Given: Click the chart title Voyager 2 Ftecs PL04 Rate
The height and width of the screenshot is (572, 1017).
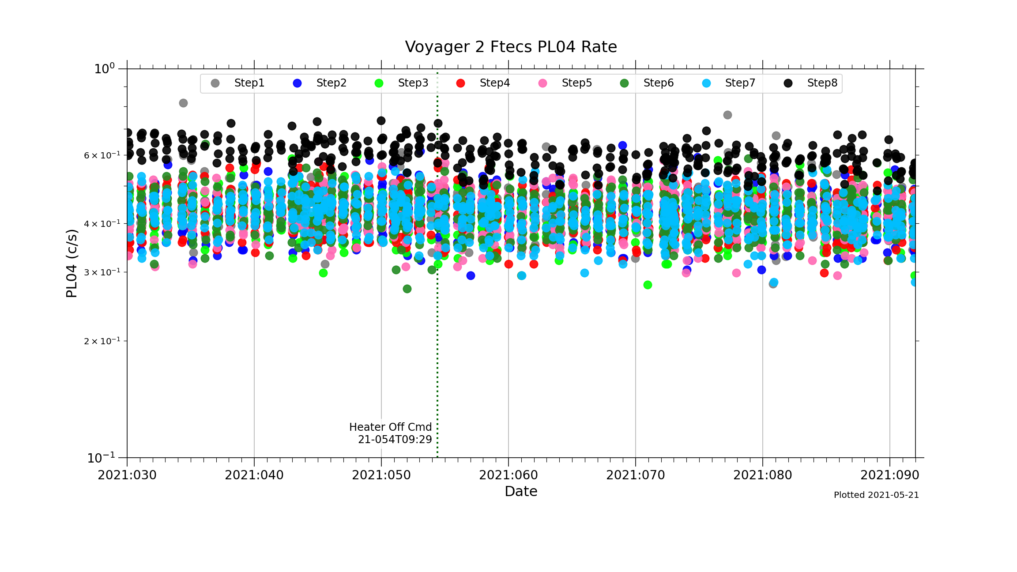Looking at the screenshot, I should [511, 47].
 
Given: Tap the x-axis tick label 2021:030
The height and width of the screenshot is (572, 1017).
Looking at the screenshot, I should [127, 475].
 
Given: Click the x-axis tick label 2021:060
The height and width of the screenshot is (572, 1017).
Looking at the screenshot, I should [508, 475].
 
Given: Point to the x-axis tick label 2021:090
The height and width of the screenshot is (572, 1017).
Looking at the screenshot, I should [889, 475].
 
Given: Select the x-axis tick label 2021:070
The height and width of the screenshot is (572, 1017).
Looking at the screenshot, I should [636, 475].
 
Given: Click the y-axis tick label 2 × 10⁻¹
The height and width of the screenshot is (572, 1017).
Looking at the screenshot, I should [102, 341].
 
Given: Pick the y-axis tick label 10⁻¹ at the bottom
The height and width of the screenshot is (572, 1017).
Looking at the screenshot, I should [101, 458].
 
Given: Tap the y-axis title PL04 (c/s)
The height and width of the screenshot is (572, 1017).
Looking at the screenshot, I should [72, 263].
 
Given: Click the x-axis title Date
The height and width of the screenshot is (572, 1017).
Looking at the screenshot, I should [521, 491].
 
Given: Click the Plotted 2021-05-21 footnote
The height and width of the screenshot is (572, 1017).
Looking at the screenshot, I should [876, 495].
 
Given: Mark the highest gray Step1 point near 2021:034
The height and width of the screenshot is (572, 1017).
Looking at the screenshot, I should [183, 103].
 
